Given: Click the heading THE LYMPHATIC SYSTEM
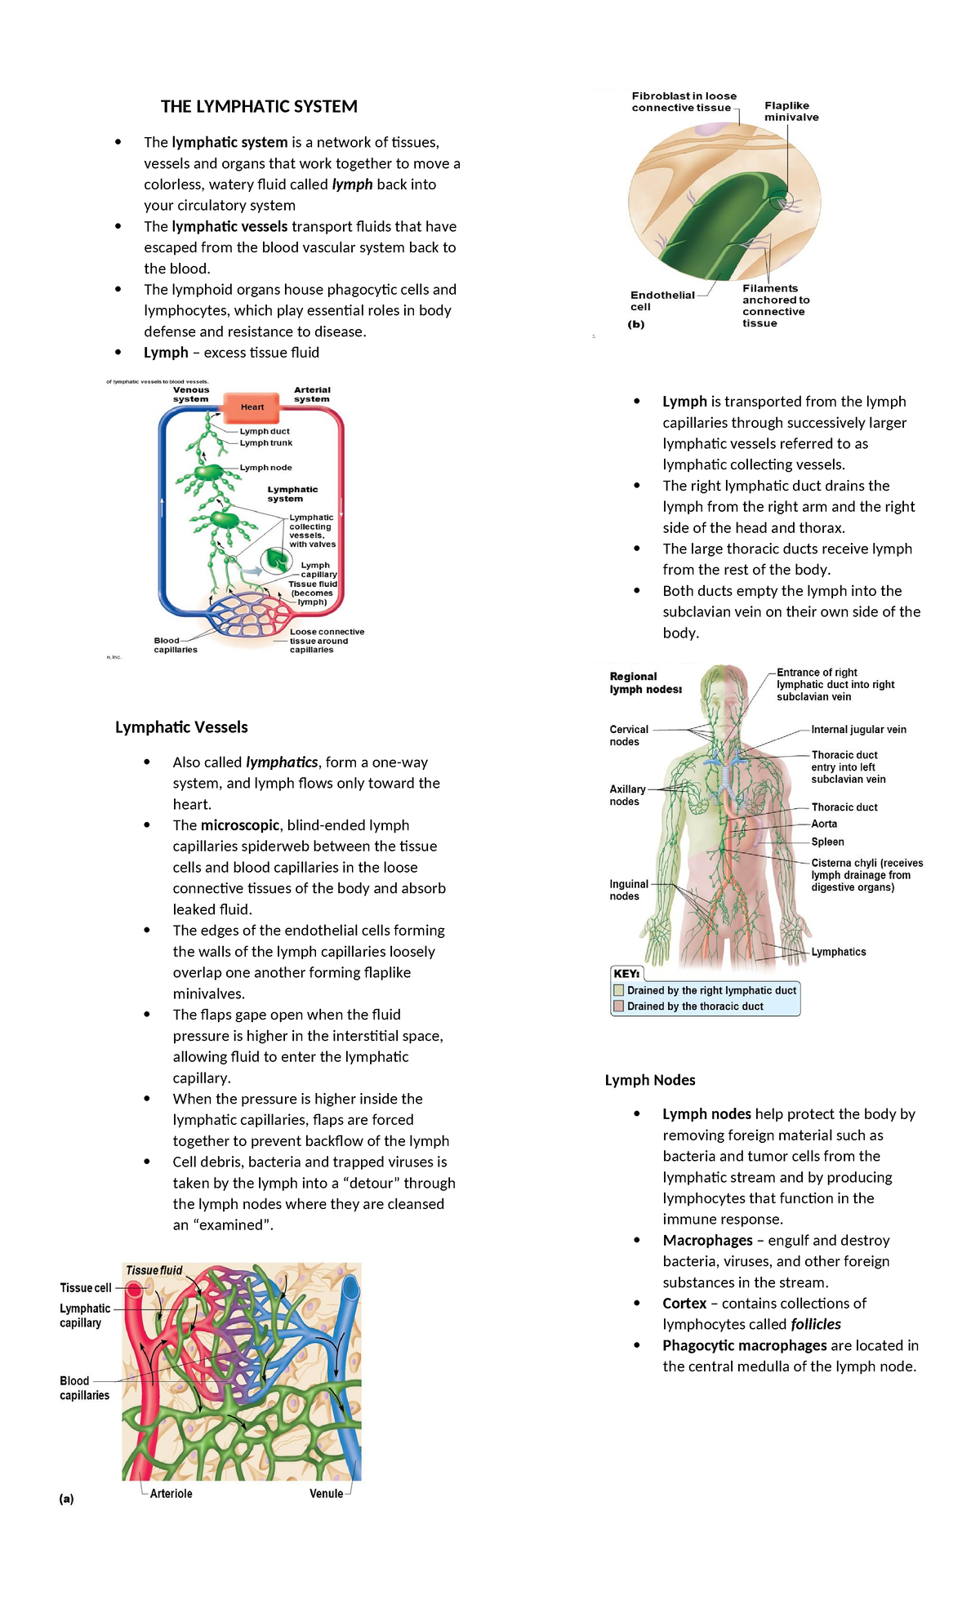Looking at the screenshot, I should coord(259,107).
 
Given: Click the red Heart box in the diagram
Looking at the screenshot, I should coord(252,407).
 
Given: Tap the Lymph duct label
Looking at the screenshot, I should coord(265,431).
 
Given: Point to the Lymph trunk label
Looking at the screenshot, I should coord(265,442).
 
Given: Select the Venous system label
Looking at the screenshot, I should coord(191,394).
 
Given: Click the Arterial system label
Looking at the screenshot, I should coord(312,394).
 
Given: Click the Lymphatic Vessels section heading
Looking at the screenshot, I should coord(181,727).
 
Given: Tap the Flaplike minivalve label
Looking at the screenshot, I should coord(791,111).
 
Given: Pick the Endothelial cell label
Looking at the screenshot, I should coord(661,300).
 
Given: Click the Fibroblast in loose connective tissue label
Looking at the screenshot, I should coord(684,102).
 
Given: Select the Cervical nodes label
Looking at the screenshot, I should coord(628,735).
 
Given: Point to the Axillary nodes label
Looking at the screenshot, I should coord(627,795).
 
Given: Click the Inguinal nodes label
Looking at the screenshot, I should coord(628,890).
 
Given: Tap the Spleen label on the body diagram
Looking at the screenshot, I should coord(827,842).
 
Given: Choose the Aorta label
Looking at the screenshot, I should coord(823,824).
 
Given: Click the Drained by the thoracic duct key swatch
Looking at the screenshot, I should coord(619,1006).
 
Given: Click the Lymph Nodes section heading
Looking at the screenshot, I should coord(650,1080).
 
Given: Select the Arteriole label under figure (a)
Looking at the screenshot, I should coord(171,1493).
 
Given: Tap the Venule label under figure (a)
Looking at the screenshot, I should coord(326,1493).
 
